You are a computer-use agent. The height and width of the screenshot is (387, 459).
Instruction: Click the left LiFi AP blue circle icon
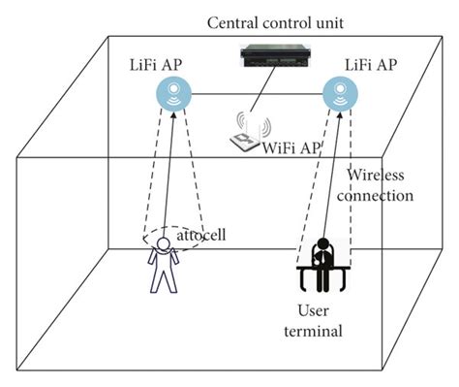174,95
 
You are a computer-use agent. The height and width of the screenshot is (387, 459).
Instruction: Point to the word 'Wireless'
378,177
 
